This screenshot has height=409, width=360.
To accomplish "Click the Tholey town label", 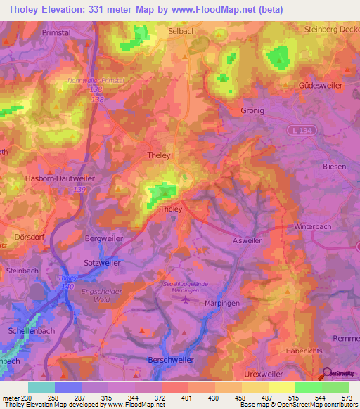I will click(172, 209).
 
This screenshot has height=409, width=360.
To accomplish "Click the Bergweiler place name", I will click(103, 239).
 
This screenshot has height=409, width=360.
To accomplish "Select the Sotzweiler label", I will click(102, 262).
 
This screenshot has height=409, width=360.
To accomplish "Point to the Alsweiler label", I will click(247, 240).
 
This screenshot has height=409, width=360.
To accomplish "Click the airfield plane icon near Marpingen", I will click(184, 300).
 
